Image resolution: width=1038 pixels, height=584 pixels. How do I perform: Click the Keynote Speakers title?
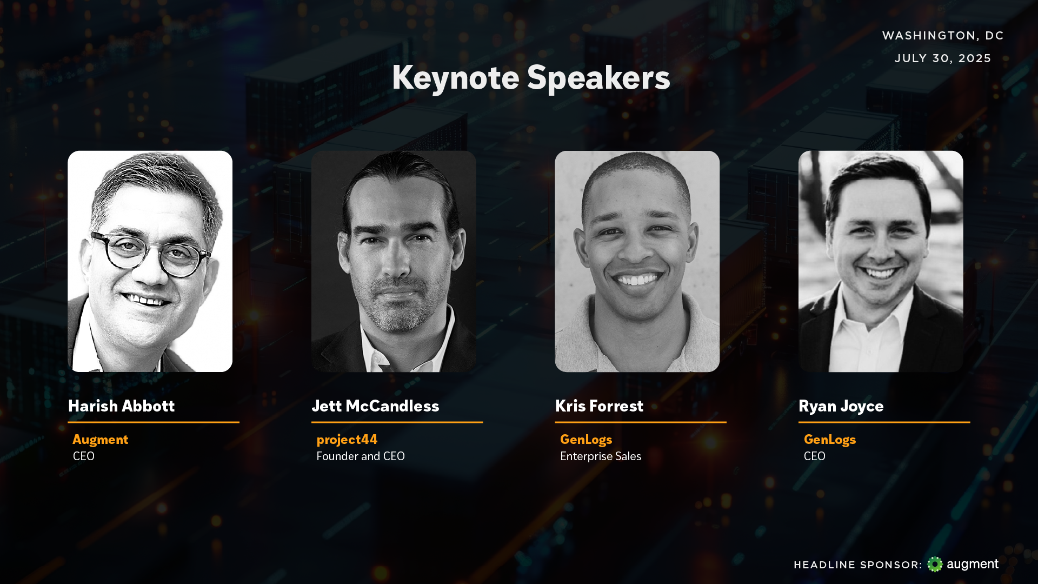(531, 77)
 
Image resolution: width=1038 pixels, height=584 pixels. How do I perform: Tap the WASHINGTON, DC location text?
(943, 36)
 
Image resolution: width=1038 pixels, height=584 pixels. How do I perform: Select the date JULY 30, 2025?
(943, 58)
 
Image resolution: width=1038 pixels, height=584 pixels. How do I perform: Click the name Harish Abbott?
(121, 406)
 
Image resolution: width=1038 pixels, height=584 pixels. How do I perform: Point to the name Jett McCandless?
(375, 406)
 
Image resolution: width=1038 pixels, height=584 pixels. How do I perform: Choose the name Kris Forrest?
(599, 406)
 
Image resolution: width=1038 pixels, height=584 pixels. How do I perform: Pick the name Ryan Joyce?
(841, 406)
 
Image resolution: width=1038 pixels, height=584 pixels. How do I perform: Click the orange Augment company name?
(101, 440)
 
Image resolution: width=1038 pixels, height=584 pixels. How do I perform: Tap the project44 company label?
(347, 440)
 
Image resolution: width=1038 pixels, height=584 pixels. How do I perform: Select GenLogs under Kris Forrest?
(586, 440)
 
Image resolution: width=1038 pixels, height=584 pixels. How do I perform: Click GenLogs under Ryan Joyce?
(830, 440)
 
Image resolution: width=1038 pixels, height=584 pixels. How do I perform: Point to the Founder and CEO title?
(361, 456)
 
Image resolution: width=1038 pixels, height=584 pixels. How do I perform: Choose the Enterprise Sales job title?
(601, 456)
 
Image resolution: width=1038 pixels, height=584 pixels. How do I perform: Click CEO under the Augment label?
(84, 456)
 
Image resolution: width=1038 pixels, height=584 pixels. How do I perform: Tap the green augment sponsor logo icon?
(935, 564)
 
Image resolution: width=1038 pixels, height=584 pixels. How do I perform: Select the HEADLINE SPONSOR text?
(858, 565)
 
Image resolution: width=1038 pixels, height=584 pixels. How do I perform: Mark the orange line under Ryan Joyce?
(884, 422)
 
